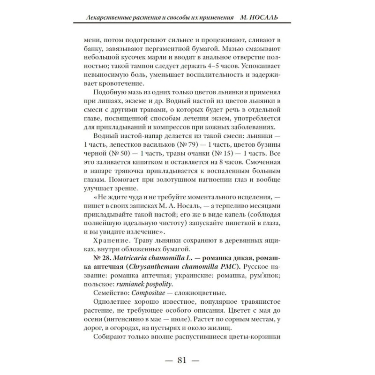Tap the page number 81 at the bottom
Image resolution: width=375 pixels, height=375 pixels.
tap(183, 360)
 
